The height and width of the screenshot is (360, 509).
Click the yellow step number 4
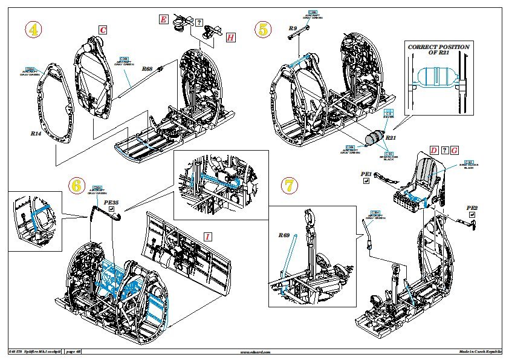pyautogui.click(x=33, y=30)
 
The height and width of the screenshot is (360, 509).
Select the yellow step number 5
pyautogui.click(x=264, y=29)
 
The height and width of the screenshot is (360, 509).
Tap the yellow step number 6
pyautogui.click(x=77, y=186)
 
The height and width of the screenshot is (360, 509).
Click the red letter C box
pyautogui.click(x=103, y=30)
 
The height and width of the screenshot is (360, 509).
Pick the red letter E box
pyautogui.click(x=163, y=19)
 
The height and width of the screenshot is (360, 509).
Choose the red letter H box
pyautogui.click(x=230, y=38)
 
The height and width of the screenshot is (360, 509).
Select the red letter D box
pyautogui.click(x=433, y=150)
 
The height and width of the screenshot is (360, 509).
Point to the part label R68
pyautogui.click(x=147, y=69)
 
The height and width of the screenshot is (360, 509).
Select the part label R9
pyautogui.click(x=293, y=28)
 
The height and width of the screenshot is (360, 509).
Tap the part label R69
pyautogui.click(x=284, y=235)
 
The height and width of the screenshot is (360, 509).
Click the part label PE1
pyautogui.click(x=366, y=174)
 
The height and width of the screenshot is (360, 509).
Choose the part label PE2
pyautogui.click(x=472, y=208)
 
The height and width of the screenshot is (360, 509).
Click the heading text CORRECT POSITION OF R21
pyautogui.click(x=438, y=50)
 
